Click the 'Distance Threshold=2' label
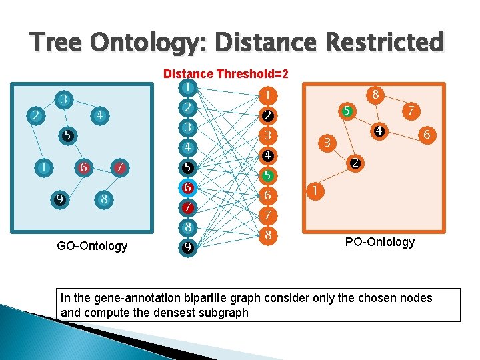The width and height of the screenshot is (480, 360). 226,74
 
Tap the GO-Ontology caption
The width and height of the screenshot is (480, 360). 92,246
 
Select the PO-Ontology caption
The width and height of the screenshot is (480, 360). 379,241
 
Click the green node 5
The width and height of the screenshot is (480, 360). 267,176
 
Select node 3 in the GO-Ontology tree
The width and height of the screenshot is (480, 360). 63,99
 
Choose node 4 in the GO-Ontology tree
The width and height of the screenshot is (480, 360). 99,115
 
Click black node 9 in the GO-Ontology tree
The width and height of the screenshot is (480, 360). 60,198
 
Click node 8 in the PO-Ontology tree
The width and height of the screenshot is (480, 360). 376,95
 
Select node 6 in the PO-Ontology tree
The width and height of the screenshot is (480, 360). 426,135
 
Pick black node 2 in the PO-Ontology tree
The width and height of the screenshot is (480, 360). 356,163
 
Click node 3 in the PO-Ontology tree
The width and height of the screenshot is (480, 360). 327,142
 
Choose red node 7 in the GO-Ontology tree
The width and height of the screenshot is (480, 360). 119,167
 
